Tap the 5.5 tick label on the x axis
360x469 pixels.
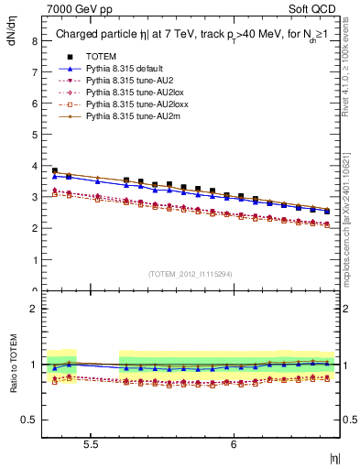91,444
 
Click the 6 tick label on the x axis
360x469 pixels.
234,444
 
